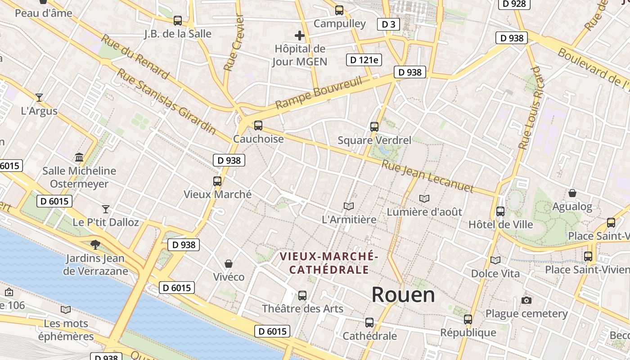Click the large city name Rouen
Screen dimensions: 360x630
[x=403, y=295]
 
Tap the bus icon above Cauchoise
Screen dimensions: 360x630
[x=258, y=126]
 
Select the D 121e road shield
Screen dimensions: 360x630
[x=364, y=60]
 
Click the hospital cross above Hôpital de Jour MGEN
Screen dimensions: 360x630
[x=300, y=35]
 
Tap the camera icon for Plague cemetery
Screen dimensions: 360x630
[x=526, y=300]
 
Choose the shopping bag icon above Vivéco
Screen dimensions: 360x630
[x=229, y=264]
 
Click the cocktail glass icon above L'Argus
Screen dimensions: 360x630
[x=39, y=97]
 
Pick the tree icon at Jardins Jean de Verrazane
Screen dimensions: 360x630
[x=95, y=245]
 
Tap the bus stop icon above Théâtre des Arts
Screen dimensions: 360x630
[x=302, y=296]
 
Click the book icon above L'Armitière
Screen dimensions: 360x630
[x=349, y=206]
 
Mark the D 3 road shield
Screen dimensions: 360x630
[x=388, y=24]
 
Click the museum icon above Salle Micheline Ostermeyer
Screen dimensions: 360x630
[x=80, y=157]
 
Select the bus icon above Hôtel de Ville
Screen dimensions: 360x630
[x=500, y=211]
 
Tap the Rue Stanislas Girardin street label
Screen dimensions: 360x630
[x=166, y=101]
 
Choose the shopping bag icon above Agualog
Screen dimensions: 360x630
[x=572, y=193]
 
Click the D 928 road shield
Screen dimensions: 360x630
[x=514, y=4]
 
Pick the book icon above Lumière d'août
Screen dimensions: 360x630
[x=424, y=198]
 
